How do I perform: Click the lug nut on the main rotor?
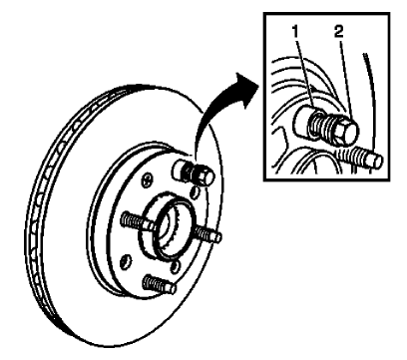(196, 172)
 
